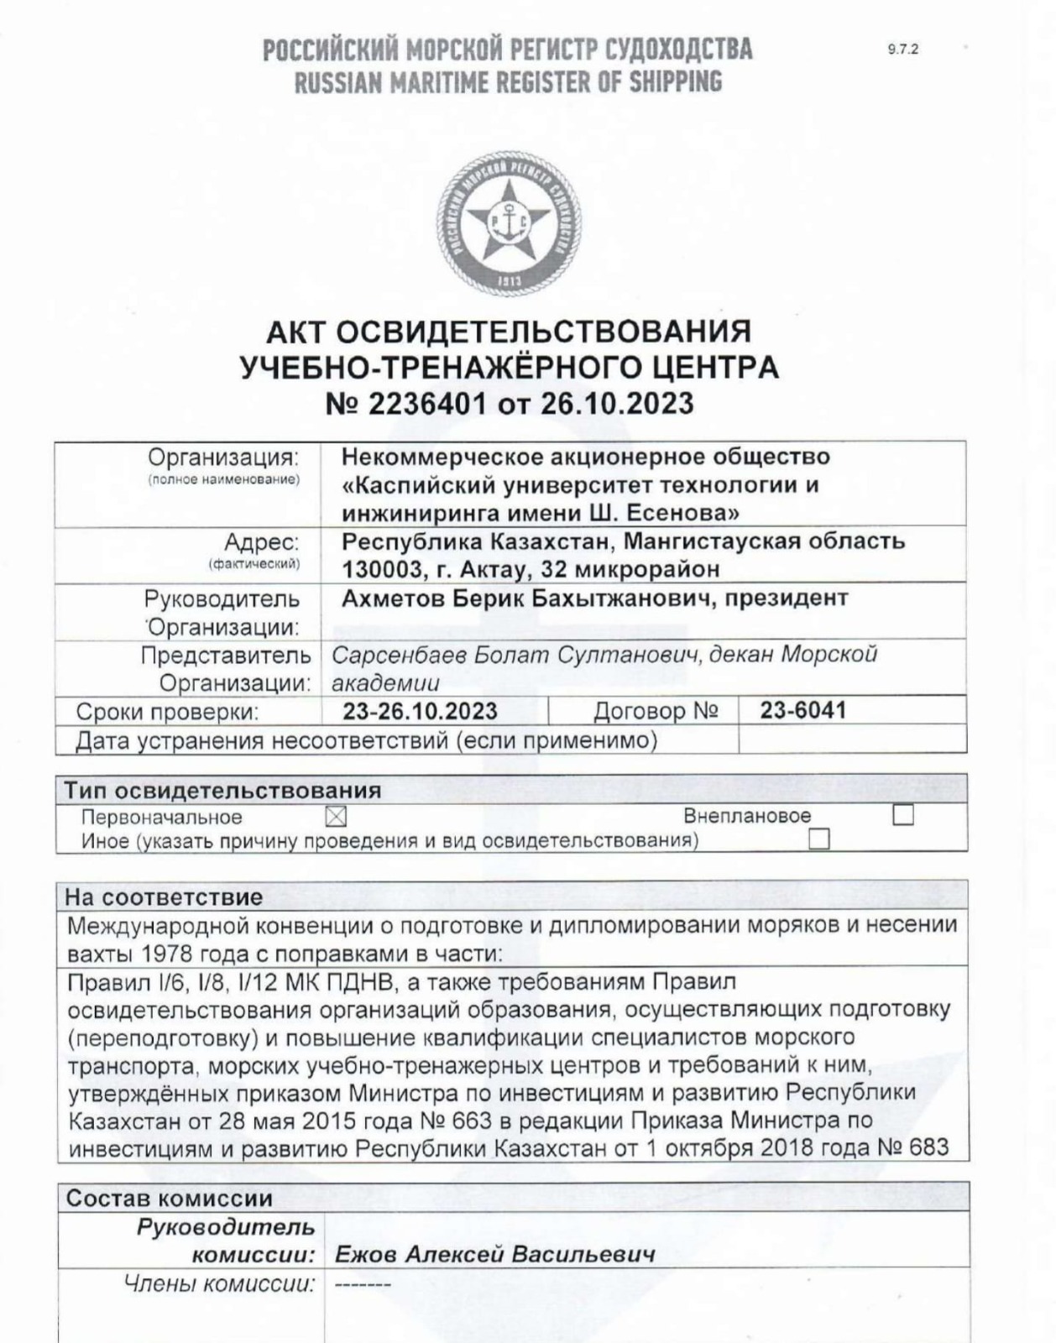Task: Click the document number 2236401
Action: tap(427, 404)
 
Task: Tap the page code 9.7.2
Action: tap(902, 49)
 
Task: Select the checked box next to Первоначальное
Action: tap(335, 816)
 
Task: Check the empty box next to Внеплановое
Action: tap(902, 815)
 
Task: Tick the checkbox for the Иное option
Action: tap(818, 839)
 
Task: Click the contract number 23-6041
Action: tap(803, 710)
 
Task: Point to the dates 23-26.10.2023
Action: tap(420, 711)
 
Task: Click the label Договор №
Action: tap(656, 711)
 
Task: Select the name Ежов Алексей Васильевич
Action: tap(494, 1255)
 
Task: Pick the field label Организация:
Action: tap(223, 457)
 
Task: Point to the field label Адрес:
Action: tap(261, 541)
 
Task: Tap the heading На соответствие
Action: tap(164, 896)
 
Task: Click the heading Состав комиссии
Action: tap(169, 1198)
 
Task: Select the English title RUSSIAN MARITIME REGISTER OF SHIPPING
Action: tap(507, 82)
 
